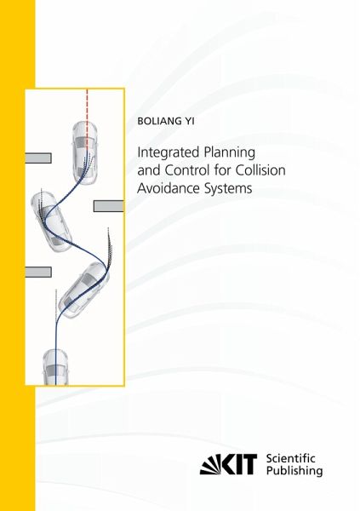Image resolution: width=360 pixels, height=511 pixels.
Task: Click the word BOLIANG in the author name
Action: click(x=160, y=121)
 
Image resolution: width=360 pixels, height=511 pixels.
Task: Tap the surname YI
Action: click(x=190, y=121)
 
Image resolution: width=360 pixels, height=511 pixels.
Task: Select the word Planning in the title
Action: click(x=229, y=152)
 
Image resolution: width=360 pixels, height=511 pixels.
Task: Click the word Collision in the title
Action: click(x=260, y=170)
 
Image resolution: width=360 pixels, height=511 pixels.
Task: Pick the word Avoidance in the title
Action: click(x=169, y=188)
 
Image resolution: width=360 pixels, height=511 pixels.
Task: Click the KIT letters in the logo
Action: click(x=239, y=464)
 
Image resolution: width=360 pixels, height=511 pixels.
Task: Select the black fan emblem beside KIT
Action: click(x=210, y=464)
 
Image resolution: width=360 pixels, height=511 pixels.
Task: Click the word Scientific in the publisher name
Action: click(x=291, y=458)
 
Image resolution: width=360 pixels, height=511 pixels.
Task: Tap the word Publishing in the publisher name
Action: click(x=294, y=471)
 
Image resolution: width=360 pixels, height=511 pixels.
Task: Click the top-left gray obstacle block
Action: click(x=38, y=158)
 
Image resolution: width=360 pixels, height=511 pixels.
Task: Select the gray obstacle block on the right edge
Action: click(x=108, y=206)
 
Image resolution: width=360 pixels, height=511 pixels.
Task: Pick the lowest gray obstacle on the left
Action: click(x=38, y=273)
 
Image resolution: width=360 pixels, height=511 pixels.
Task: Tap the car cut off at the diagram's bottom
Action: click(x=55, y=367)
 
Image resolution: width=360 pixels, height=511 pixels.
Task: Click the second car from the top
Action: click(x=52, y=221)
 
